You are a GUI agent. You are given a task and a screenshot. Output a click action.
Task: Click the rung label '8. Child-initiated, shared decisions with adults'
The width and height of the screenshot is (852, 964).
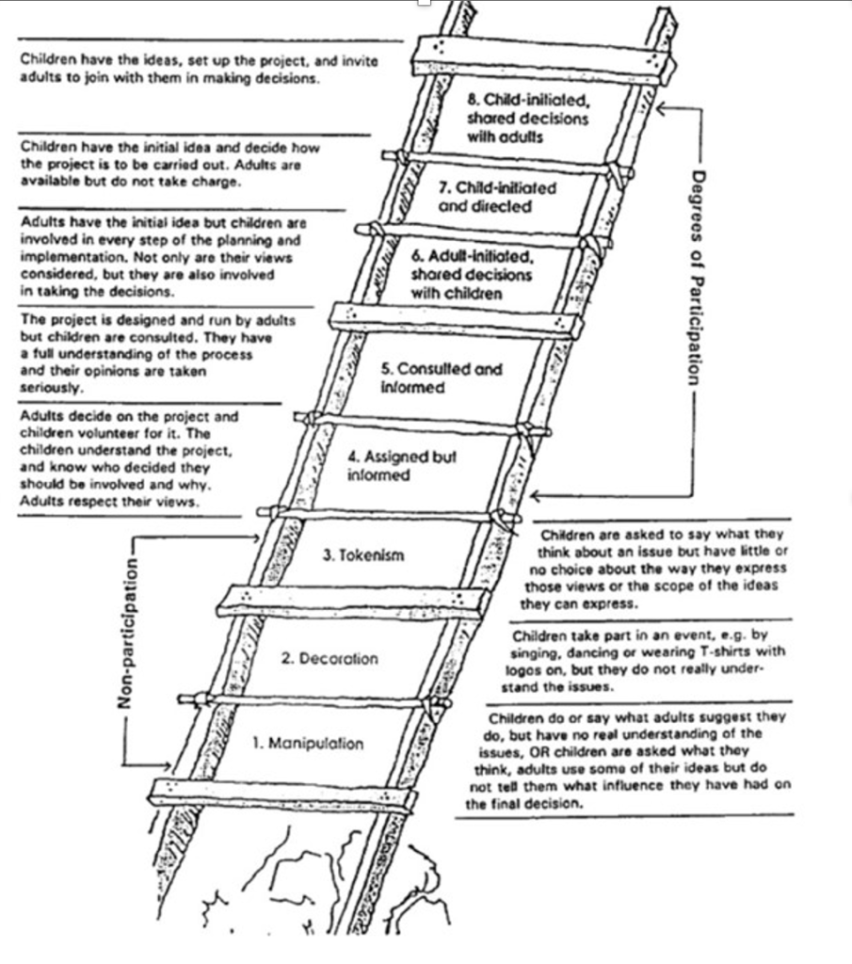coord(527,118)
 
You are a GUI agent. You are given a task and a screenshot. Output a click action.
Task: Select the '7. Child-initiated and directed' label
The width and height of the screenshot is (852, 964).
coord(497,197)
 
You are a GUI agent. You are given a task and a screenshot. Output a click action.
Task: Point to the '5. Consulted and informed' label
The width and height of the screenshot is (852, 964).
coord(442,378)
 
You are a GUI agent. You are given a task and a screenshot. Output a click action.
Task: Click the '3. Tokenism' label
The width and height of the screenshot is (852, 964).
coord(362,555)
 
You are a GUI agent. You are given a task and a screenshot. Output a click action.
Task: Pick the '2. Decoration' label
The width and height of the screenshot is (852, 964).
coord(330,659)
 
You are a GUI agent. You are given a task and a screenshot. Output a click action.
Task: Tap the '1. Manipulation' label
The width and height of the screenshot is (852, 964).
coord(307,744)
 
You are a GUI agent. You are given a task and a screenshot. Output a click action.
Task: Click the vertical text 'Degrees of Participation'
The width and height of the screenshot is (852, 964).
coord(696,277)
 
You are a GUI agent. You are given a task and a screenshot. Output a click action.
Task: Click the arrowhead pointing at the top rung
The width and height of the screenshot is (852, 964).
coord(661,109)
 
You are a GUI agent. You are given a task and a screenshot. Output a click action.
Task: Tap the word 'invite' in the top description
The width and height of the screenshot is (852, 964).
coord(358,61)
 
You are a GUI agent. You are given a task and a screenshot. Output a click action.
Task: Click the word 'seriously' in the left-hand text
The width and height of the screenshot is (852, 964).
coord(50,387)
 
